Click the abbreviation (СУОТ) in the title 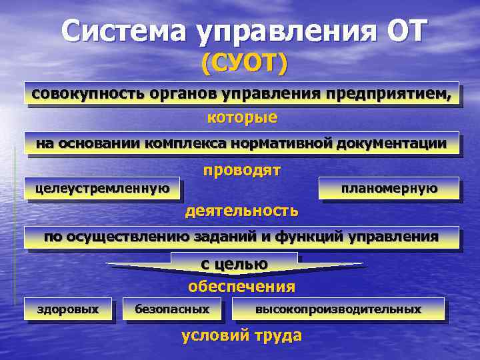244,64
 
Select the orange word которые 243,118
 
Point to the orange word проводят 242,171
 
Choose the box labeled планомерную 389,189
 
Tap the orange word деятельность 242,211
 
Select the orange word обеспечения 241,287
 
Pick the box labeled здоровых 67,309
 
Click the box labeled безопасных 172,309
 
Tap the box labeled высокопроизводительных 338,309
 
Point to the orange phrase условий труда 241,335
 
